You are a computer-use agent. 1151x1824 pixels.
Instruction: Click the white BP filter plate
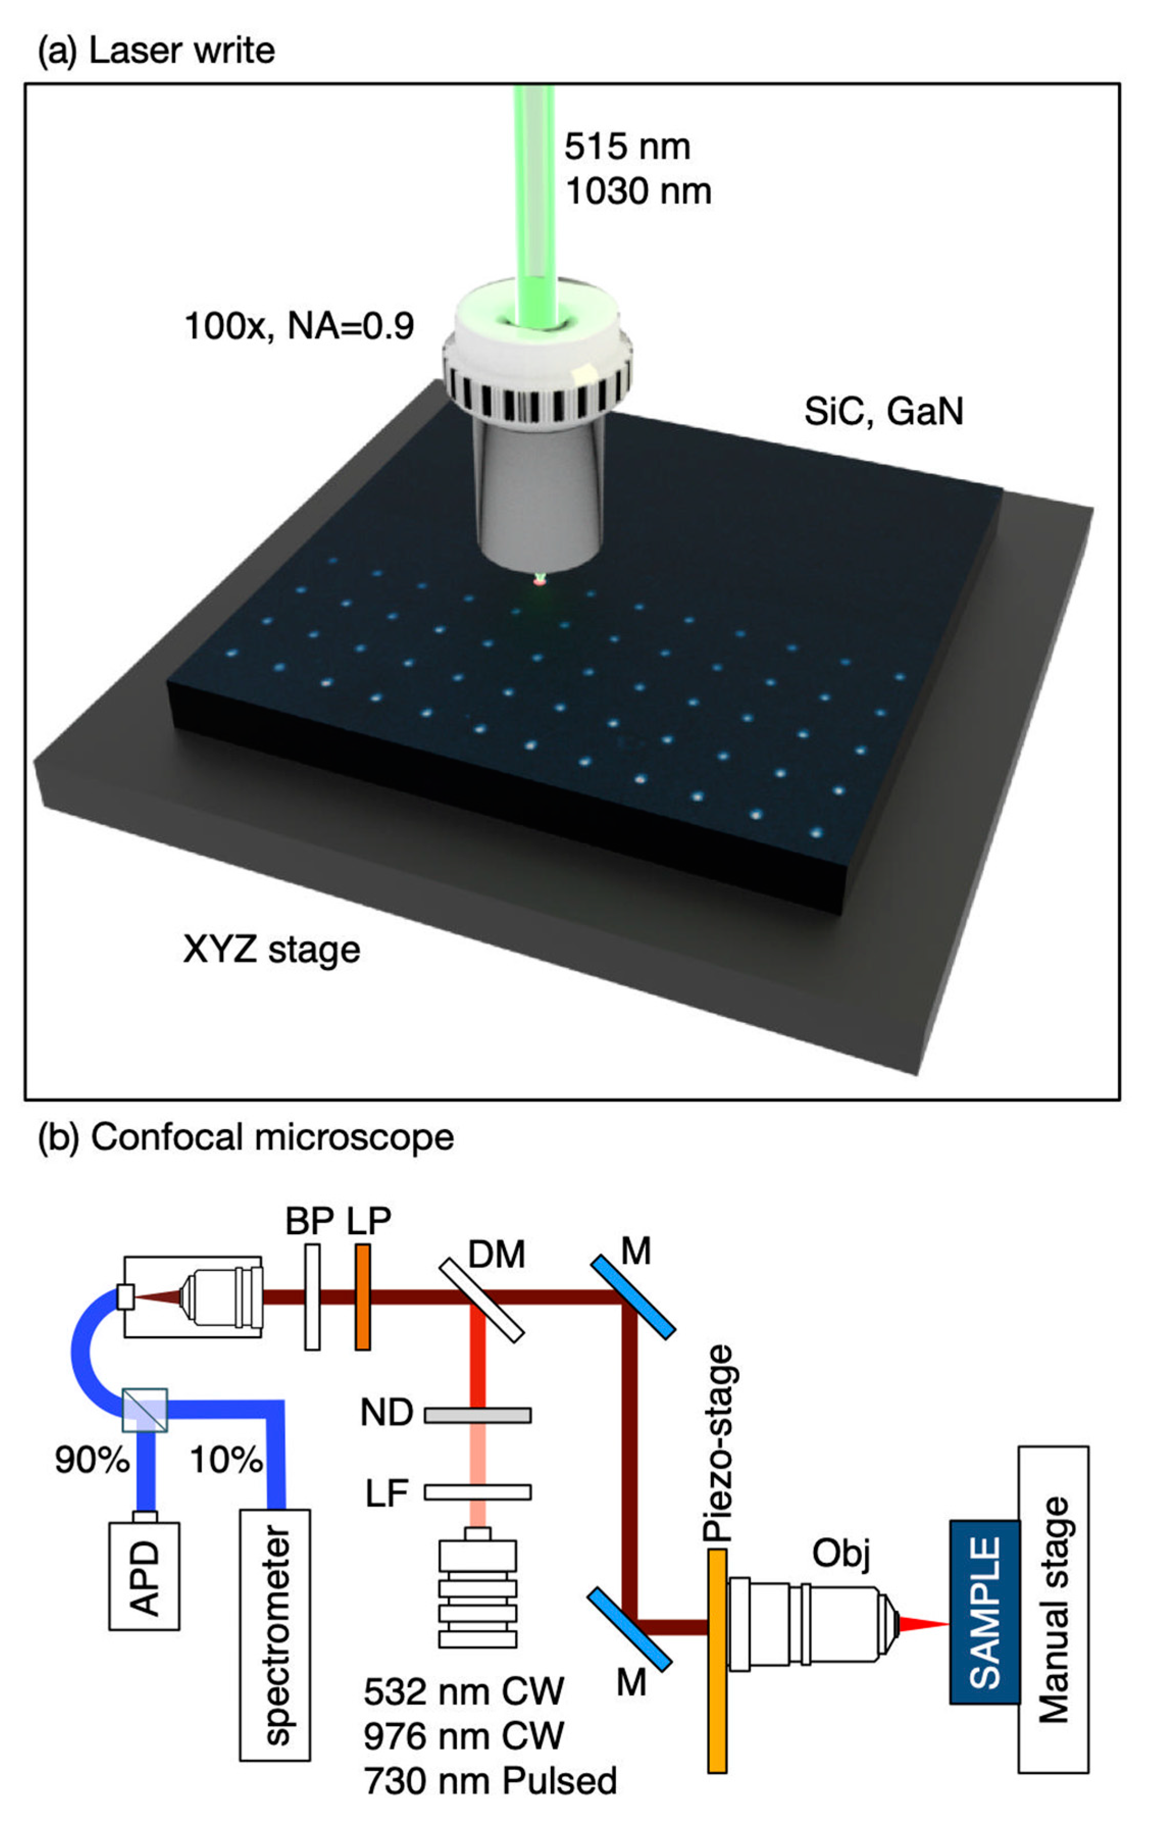pyautogui.click(x=312, y=1297)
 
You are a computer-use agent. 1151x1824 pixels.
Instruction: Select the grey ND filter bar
pyautogui.click(x=477, y=1415)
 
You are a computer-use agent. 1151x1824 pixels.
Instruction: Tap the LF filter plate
pyautogui.click(x=477, y=1492)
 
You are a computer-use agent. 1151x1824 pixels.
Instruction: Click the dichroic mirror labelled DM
pyautogui.click(x=482, y=1300)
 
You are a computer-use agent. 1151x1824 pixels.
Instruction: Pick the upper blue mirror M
pyautogui.click(x=633, y=1297)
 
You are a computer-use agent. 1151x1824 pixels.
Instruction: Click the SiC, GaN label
pyautogui.click(x=883, y=411)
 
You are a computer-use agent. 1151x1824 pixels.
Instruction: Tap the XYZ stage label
pyautogui.click(x=271, y=950)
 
